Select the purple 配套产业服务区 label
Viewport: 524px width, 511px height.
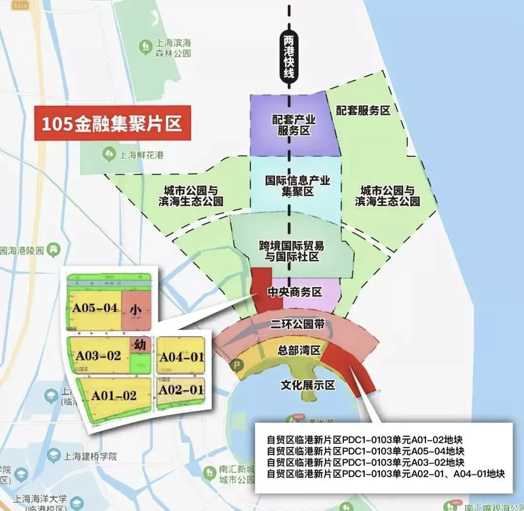coord(294,125)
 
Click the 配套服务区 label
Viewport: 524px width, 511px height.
coord(363,111)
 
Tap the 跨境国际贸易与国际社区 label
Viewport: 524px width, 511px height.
coord(291,251)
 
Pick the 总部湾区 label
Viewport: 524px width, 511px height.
coord(299,350)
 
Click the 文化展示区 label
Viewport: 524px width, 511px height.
coord(308,385)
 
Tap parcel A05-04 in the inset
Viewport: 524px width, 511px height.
coord(95,308)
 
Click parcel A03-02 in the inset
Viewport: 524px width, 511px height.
coord(98,355)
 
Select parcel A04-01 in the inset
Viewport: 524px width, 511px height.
coord(182,357)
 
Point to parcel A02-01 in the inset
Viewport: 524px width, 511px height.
coord(181,389)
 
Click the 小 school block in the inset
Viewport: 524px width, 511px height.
coord(136,309)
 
